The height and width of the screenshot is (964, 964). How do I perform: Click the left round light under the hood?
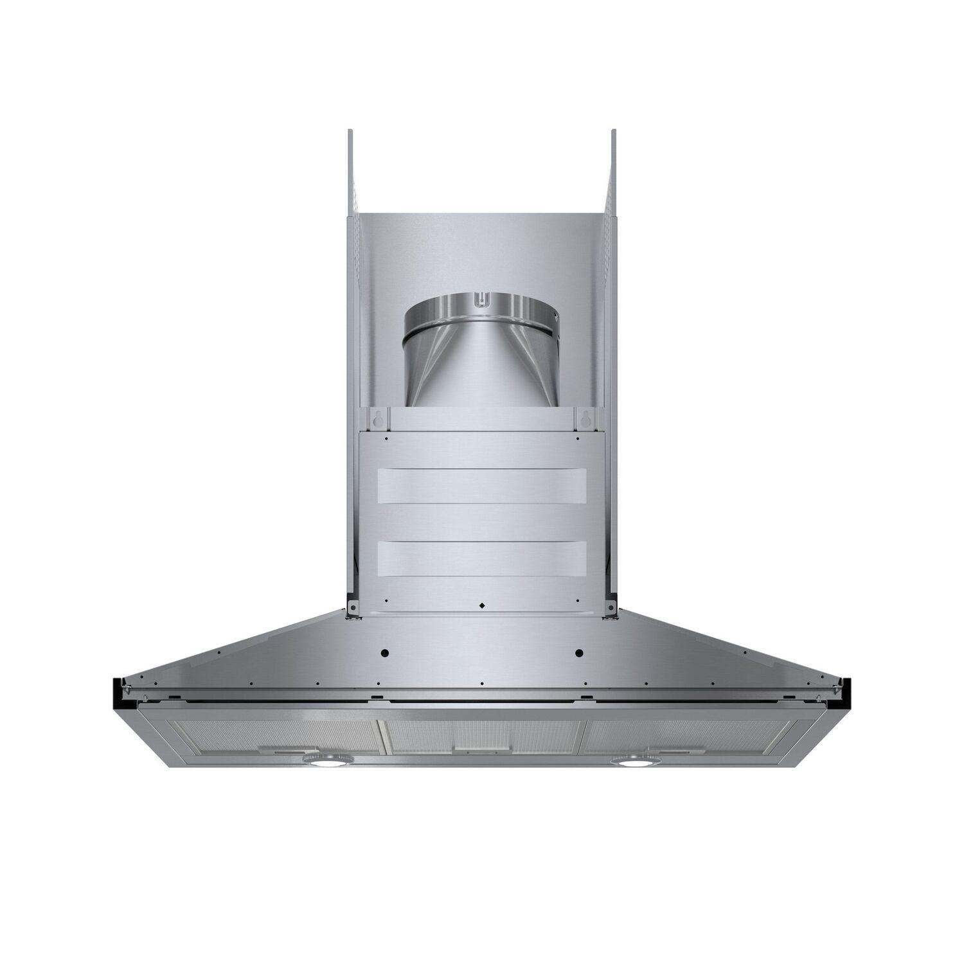[326, 761]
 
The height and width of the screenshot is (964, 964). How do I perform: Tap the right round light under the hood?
[632, 761]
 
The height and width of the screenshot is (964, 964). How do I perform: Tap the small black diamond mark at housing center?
[481, 605]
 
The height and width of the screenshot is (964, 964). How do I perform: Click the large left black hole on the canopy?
[385, 653]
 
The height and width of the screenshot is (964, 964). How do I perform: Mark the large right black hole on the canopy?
[578, 653]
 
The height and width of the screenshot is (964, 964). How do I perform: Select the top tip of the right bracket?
[613, 133]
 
